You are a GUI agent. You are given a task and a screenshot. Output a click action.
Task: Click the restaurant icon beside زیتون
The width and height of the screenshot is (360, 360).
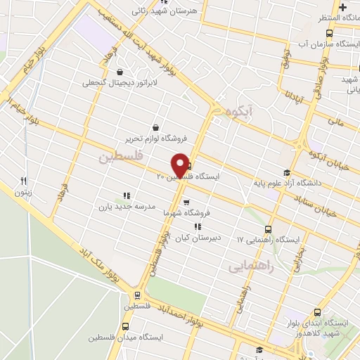tap(23, 181)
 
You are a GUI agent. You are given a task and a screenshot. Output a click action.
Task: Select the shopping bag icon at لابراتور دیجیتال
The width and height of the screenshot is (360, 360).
tap(120, 72)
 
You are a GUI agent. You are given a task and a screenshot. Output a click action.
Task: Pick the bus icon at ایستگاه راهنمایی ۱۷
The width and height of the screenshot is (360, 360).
tap(268, 229)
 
